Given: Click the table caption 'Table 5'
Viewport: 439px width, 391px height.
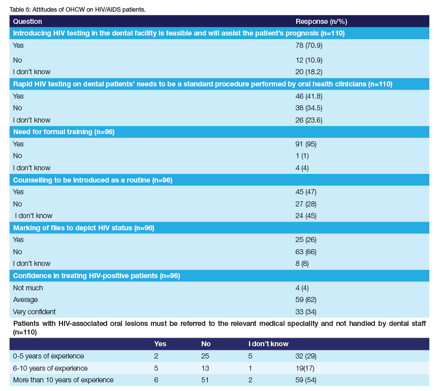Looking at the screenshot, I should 20,10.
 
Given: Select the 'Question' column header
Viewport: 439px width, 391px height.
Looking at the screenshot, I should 27,21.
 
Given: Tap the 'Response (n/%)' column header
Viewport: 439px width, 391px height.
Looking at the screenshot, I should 321,21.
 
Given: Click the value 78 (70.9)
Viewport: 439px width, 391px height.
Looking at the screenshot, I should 309,45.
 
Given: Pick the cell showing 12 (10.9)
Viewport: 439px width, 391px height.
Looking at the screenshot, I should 309,59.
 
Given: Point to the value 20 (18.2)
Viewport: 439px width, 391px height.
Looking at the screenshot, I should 309,72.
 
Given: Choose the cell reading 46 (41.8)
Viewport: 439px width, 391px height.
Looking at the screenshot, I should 309,96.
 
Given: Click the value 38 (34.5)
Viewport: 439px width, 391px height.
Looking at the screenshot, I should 309,108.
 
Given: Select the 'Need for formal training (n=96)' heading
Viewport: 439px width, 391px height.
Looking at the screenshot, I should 64,132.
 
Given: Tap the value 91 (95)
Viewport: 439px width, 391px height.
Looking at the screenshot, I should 306,144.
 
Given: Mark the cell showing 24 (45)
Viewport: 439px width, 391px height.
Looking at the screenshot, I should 306,216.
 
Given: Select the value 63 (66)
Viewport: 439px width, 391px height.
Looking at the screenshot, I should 306,251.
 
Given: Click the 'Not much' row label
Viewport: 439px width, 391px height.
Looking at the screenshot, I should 28,288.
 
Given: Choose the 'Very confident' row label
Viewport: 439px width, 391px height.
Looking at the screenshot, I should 35,311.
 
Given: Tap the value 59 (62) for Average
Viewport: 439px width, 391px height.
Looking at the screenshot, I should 306,299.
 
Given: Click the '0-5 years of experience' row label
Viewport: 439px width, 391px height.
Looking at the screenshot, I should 48,356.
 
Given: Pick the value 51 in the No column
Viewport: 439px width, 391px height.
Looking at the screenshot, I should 205,380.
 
